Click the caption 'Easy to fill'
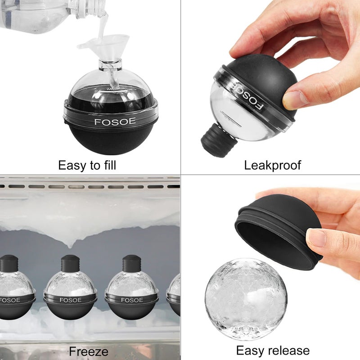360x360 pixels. tap(87, 165)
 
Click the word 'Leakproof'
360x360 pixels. tap(272, 165)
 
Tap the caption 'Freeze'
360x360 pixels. tap(89, 351)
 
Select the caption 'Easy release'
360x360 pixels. tap(273, 351)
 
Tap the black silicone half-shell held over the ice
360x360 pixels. tap(279, 229)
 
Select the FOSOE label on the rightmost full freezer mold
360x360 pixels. tap(131, 300)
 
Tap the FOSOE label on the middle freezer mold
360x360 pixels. tap(70, 300)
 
